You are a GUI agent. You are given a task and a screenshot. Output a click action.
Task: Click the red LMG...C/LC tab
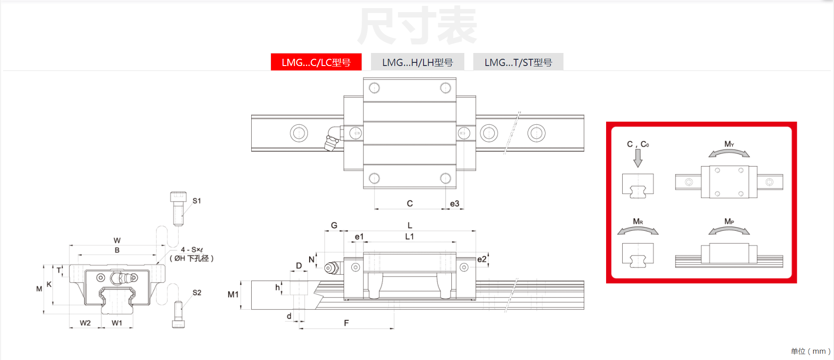click(x=316, y=62)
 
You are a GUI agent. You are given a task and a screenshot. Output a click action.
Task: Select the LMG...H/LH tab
click(x=417, y=62)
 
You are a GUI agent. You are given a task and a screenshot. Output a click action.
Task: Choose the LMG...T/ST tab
click(x=518, y=62)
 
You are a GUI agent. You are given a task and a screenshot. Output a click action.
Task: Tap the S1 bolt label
click(x=196, y=201)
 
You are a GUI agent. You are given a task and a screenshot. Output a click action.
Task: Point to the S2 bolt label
click(x=196, y=293)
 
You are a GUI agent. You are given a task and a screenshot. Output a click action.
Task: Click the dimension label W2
click(x=85, y=323)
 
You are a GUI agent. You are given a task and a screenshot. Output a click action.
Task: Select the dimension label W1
click(x=117, y=323)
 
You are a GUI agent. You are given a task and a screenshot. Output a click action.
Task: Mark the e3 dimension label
click(x=454, y=204)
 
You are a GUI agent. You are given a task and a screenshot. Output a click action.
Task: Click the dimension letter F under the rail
click(x=346, y=323)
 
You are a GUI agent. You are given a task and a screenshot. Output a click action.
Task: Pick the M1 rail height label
click(x=233, y=294)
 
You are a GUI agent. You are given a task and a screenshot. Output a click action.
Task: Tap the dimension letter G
click(x=334, y=225)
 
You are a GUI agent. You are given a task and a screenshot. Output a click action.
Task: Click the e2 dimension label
click(x=481, y=259)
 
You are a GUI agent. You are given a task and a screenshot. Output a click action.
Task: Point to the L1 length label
click(x=409, y=237)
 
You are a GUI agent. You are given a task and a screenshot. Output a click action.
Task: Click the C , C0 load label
click(x=638, y=144)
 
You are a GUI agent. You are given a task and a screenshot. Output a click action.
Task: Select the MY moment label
click(x=729, y=144)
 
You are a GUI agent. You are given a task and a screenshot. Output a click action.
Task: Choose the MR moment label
click(x=638, y=221)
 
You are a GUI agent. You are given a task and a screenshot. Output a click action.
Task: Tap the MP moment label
click(x=729, y=221)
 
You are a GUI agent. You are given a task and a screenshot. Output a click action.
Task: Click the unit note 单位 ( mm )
click(x=810, y=351)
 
